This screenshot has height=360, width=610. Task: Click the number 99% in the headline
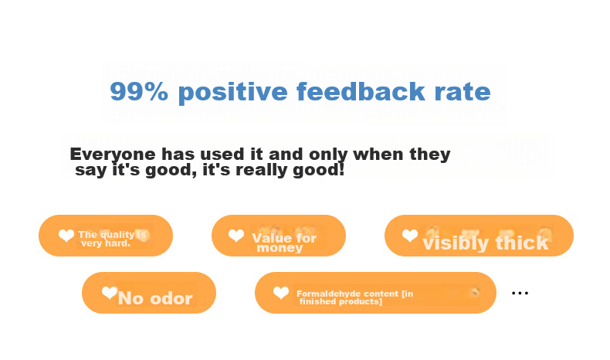pos(139,91)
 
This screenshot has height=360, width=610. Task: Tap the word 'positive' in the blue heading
pos(232,92)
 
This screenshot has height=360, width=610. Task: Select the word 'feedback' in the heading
pos(361,91)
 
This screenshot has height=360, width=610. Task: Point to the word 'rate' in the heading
pos(463,93)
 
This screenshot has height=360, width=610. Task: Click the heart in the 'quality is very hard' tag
pos(66,236)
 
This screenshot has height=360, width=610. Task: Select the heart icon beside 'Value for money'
pos(236,236)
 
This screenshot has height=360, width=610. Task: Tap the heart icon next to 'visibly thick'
pos(410,236)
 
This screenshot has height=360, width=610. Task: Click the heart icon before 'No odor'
pos(110,293)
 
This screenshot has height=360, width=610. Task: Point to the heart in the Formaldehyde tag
pos(281,293)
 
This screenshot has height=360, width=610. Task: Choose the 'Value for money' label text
pos(284,243)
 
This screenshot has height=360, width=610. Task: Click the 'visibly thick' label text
pos(486,243)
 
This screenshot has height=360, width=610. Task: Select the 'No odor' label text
pos(155,298)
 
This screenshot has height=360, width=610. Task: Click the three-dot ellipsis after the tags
pos(520,293)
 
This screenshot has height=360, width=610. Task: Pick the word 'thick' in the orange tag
pos(522,243)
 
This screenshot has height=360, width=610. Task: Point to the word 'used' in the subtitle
pos(224,155)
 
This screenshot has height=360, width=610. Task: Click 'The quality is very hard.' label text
pos(112,239)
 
